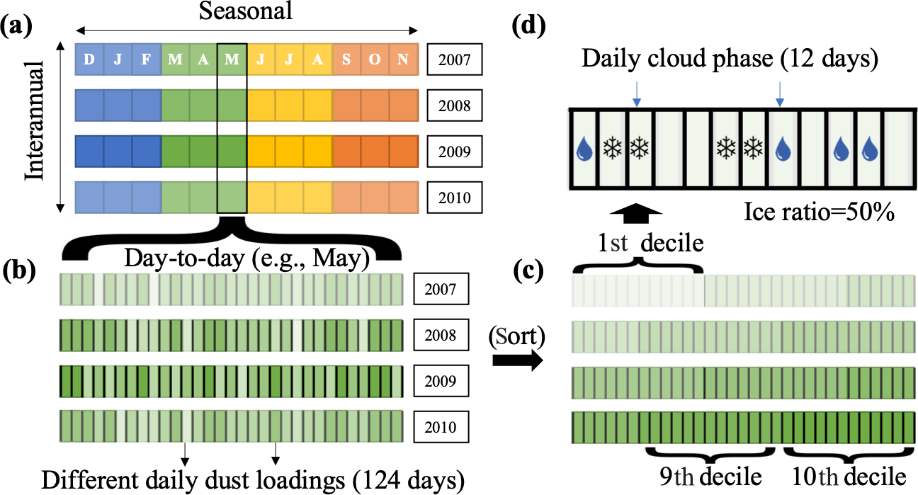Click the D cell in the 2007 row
pos(89,59)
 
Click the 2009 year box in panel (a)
pos(454,152)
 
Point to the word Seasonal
pos(246,11)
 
